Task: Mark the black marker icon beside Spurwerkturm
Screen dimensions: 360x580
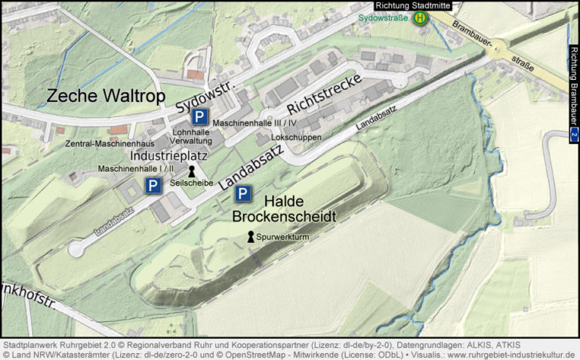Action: coord(251,237)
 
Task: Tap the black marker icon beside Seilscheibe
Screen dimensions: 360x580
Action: coord(191,171)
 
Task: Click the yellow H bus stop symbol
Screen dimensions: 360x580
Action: coord(418,17)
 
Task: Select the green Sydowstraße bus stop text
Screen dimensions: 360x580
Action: coord(382,17)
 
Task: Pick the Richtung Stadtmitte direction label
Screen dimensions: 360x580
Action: coord(412,5)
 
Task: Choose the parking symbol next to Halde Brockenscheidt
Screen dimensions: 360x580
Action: coord(242,194)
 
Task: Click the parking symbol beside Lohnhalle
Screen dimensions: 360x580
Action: coord(199,116)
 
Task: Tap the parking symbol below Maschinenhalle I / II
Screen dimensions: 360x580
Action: coord(153,186)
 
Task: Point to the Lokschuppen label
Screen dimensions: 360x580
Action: coord(301,138)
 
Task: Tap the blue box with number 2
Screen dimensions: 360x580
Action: coord(574,135)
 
